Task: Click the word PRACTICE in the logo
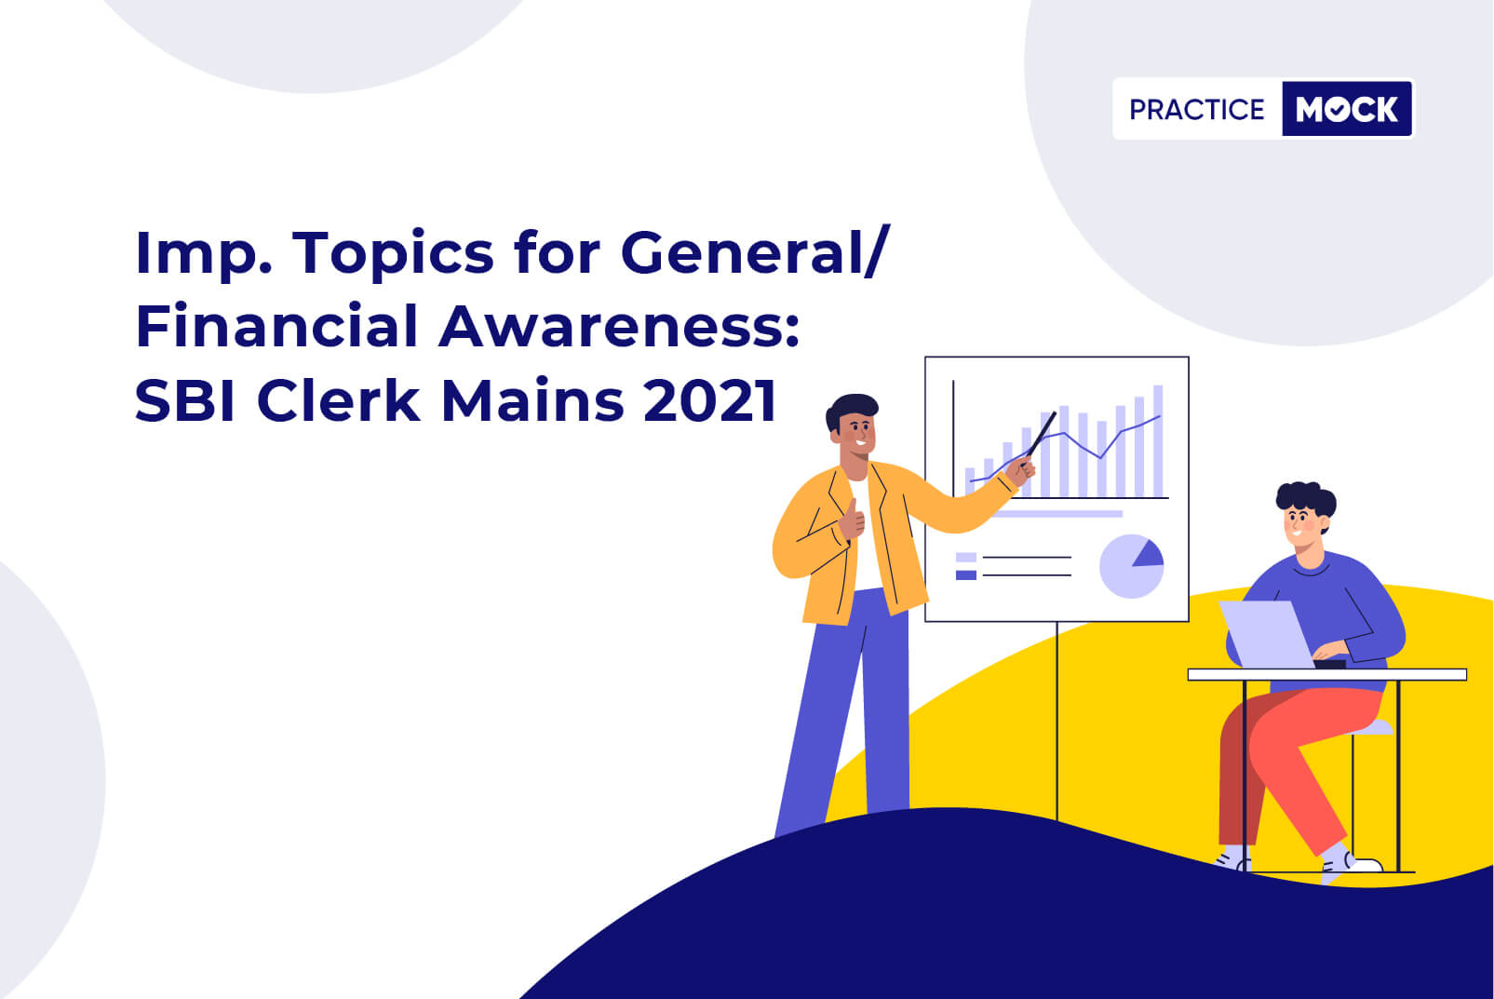coord(1196,110)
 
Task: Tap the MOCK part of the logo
coord(1347,109)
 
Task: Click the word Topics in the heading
coord(393,254)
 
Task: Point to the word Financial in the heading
coord(276,326)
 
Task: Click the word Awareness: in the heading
coord(619,327)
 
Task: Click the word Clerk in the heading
coord(339,399)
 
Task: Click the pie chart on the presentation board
coord(1131,566)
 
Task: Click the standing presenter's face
coord(857,434)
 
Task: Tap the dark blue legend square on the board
coord(966,574)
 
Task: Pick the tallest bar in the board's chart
coord(1159,440)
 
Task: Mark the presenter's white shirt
coord(866,533)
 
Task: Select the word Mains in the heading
coord(532,400)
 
